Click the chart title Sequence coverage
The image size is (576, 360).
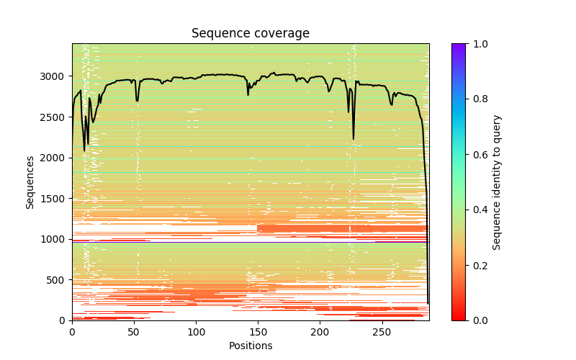pos(250,34)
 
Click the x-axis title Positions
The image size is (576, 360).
pos(250,346)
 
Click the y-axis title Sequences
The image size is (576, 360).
pos(30,182)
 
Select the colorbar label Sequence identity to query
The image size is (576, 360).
pos(497,182)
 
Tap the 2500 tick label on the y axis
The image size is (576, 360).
pos(55,117)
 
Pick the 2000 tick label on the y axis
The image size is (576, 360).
pos(55,158)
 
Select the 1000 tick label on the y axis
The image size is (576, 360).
pos(55,239)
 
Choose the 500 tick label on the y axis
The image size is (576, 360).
pos(58,279)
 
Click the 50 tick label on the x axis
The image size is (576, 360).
pos(134,331)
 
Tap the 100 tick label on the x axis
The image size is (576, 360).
pos(196,331)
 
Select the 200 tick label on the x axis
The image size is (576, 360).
pos(320,331)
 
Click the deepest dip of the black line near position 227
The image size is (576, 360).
pos(354,139)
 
